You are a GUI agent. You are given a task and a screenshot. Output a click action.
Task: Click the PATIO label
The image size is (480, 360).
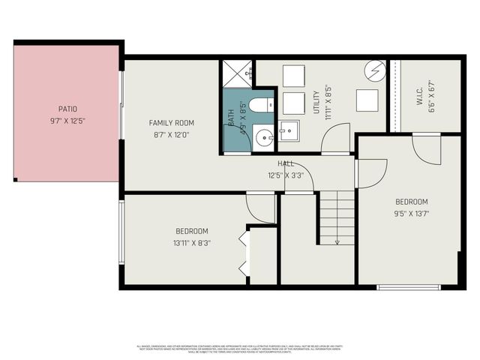coord(67,109)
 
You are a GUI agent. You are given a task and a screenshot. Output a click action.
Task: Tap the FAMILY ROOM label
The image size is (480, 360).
coord(171,123)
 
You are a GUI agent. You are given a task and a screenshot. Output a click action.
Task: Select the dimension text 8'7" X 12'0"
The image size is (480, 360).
coord(171,135)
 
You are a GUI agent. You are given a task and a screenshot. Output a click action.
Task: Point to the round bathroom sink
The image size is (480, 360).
coord(263,137)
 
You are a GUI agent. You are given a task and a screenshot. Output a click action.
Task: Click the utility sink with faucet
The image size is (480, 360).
coord(288,131)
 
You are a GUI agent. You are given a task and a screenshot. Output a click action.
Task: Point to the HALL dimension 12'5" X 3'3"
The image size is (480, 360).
coord(286,175)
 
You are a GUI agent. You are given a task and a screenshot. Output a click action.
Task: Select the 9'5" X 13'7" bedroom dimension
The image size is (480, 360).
coord(412,213)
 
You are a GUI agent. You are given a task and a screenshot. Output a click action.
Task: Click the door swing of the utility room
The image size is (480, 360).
coord(336,139)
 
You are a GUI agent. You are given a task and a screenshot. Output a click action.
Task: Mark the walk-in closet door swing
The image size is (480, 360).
coord(426,147)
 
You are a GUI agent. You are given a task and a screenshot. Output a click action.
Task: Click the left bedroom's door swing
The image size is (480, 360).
coord(261,208)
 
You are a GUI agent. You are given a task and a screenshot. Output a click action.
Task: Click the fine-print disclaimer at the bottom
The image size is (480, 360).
coord(240,347)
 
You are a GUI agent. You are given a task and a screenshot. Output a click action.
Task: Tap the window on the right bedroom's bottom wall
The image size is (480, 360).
coord(409,286)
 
